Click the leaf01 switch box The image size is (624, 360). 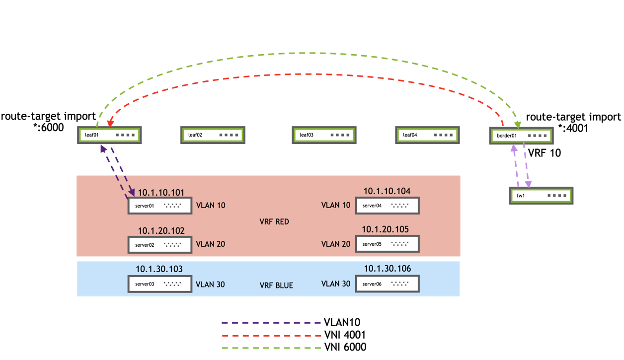110,135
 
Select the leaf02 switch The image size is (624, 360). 213,135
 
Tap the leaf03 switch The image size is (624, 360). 324,135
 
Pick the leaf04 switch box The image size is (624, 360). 427,135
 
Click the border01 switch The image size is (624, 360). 521,136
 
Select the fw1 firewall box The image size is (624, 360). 541,196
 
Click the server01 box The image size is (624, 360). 159,205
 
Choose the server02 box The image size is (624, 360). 159,244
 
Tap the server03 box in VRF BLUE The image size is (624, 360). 159,284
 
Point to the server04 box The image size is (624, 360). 387,205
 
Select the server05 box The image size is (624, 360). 387,244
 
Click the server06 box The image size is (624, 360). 387,284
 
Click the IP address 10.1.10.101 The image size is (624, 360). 161,192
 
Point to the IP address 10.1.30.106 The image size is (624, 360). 388,269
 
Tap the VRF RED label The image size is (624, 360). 274,221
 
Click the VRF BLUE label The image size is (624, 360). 276,286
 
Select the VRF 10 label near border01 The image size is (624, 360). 545,153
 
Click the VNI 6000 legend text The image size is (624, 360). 345,347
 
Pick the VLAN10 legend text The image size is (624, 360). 342,323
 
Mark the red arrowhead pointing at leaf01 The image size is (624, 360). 110,123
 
